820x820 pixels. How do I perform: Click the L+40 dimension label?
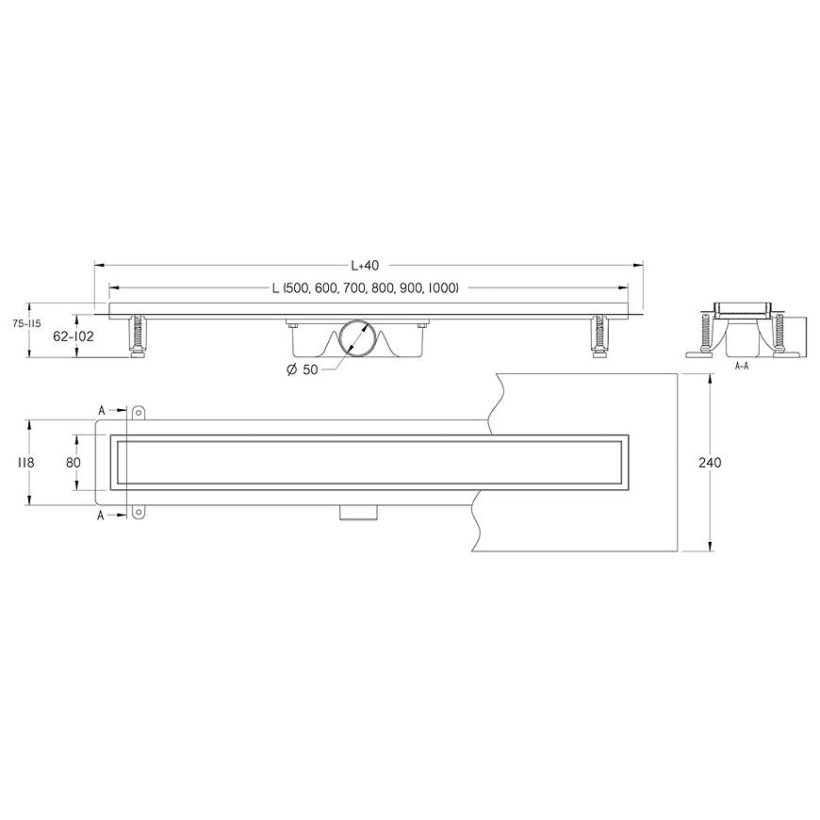(365, 266)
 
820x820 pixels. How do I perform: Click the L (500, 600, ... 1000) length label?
(366, 287)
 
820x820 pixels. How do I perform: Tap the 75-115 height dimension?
(26, 324)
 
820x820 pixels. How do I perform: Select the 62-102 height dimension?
(74, 336)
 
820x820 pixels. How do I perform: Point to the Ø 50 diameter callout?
(303, 369)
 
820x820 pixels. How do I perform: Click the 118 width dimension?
(25, 463)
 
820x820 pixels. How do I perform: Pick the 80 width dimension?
(74, 463)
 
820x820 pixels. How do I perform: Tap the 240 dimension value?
(710, 463)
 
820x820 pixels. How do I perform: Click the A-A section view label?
(742, 366)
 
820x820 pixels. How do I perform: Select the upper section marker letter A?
(102, 411)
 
